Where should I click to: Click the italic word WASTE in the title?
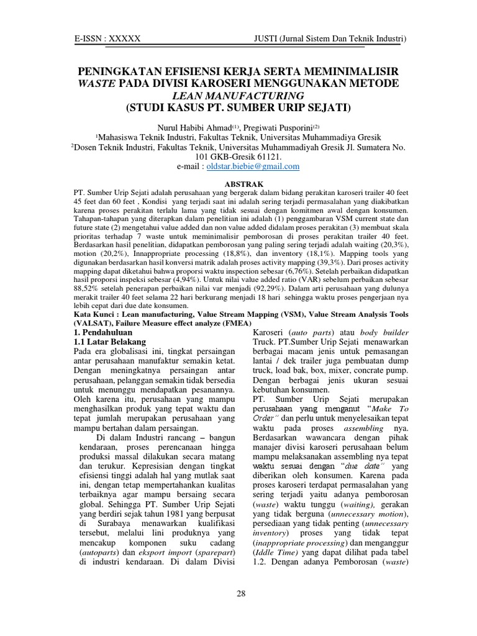click(x=96, y=83)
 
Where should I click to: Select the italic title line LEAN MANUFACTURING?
click(x=238, y=95)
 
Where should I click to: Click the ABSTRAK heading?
click(x=238, y=184)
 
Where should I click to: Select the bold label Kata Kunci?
click(x=94, y=316)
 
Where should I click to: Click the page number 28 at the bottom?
click(x=241, y=594)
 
